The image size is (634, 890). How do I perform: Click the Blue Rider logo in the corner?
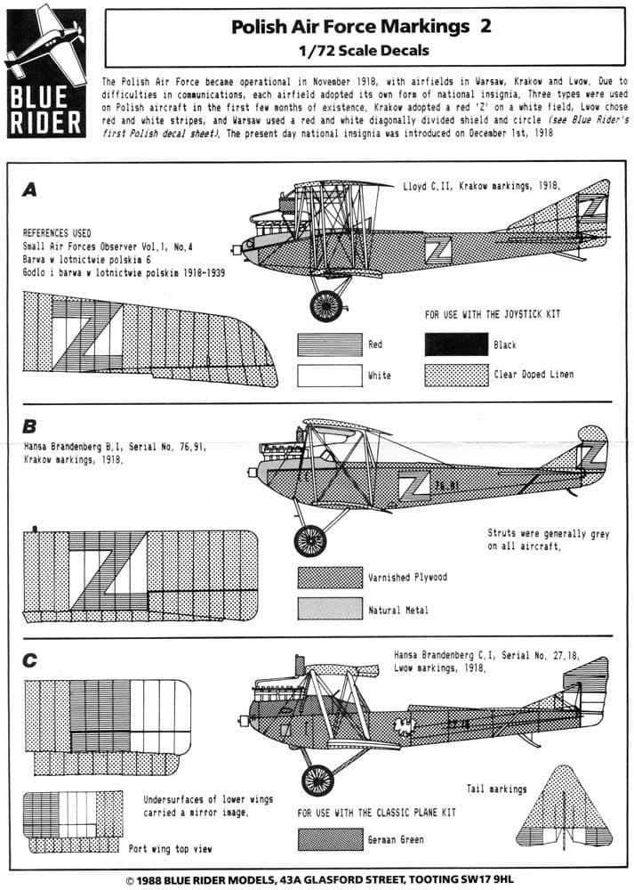[46, 72]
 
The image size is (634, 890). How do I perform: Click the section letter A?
[30, 189]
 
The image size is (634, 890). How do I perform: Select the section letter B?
[30, 425]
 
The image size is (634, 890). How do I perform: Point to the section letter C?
[30, 659]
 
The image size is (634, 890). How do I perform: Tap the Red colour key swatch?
[330, 344]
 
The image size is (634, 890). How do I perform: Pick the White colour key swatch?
[330, 375]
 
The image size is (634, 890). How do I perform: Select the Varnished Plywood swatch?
[330, 578]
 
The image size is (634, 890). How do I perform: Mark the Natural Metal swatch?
[330, 610]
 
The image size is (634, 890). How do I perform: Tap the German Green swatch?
[330, 839]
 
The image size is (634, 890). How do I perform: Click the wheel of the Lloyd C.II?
[326, 305]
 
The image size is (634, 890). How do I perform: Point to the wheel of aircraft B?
[310, 539]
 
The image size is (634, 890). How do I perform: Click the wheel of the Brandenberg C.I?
[317, 780]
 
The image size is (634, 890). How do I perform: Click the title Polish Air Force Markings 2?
[360, 28]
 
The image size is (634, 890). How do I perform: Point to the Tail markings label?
[496, 789]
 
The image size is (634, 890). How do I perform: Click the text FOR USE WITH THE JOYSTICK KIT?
[492, 315]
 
